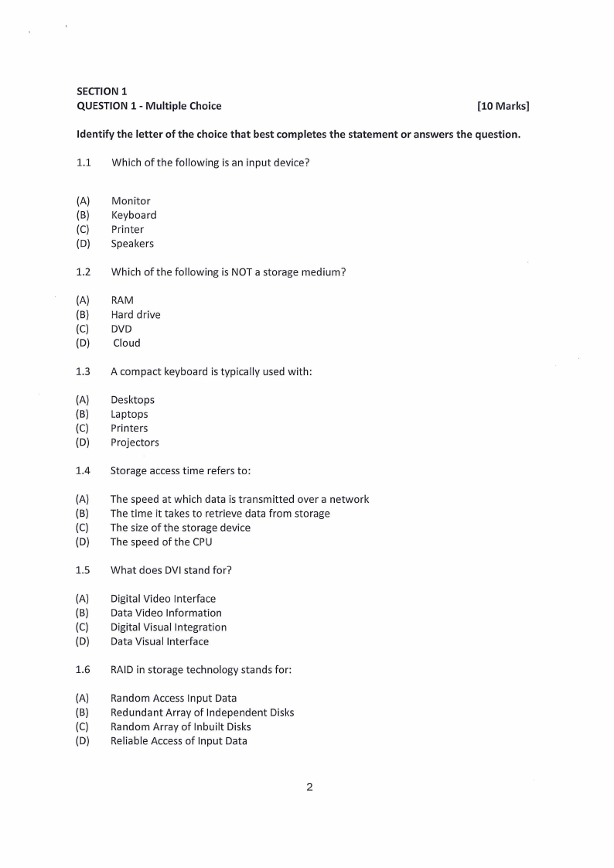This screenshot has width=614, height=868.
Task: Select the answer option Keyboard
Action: (134, 215)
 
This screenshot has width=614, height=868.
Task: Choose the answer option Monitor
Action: (131, 201)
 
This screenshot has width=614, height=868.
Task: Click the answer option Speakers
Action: (132, 244)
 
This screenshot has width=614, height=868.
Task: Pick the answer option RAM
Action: (122, 300)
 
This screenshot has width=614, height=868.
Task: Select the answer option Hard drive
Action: (135, 315)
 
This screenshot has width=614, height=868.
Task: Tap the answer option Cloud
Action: (127, 343)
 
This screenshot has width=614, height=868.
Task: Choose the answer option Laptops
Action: (129, 414)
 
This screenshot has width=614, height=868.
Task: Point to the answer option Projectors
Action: (135, 443)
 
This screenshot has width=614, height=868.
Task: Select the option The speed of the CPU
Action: (161, 542)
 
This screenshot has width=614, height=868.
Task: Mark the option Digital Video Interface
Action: (163, 599)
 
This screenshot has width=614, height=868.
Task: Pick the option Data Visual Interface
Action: (159, 641)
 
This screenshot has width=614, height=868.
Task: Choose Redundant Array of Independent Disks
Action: (202, 713)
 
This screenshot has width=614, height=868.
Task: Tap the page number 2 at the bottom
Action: (309, 788)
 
